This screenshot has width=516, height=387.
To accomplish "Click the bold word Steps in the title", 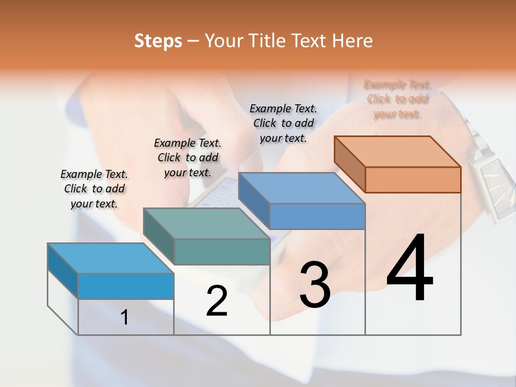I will coord(158,41).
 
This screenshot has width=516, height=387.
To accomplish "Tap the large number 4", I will coord(410,269).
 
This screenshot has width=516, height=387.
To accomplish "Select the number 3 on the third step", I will coord(315,285).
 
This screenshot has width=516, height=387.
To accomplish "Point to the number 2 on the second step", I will coord(217,301).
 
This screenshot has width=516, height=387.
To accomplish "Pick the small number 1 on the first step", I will coord(125,318).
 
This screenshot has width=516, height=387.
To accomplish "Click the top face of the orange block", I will coord(398,152).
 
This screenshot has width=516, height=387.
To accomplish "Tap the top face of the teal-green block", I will coord(206,223).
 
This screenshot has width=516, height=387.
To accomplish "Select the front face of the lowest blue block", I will coord(126,286).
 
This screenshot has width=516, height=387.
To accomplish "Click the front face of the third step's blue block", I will coord(317,216).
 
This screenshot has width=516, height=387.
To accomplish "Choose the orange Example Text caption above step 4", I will coord(398,99).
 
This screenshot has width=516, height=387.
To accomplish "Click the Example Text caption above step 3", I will coord(283,123).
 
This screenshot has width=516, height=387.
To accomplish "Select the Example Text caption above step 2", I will coord(188,157).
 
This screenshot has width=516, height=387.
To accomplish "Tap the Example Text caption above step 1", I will coord(94,189).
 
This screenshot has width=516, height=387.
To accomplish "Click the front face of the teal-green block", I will coord(222,252).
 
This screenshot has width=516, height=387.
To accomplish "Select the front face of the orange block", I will coord(413,180).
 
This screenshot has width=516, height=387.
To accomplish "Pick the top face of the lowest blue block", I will coord(110,258).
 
